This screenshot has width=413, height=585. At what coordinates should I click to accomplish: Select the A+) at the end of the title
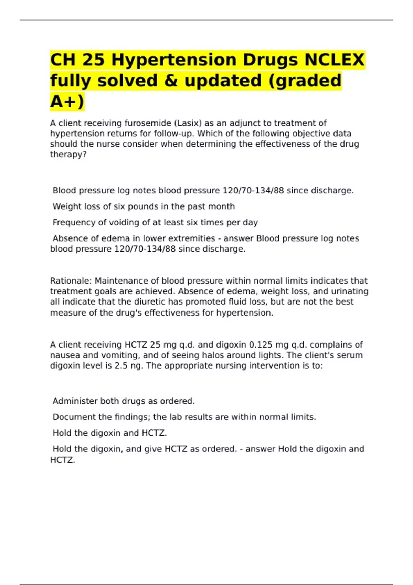[x=67, y=102]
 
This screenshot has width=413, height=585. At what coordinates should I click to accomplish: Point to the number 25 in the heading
[x=94, y=60]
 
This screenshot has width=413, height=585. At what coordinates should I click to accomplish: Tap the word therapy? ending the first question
[x=68, y=155]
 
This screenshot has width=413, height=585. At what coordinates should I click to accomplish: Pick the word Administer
[x=75, y=401]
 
